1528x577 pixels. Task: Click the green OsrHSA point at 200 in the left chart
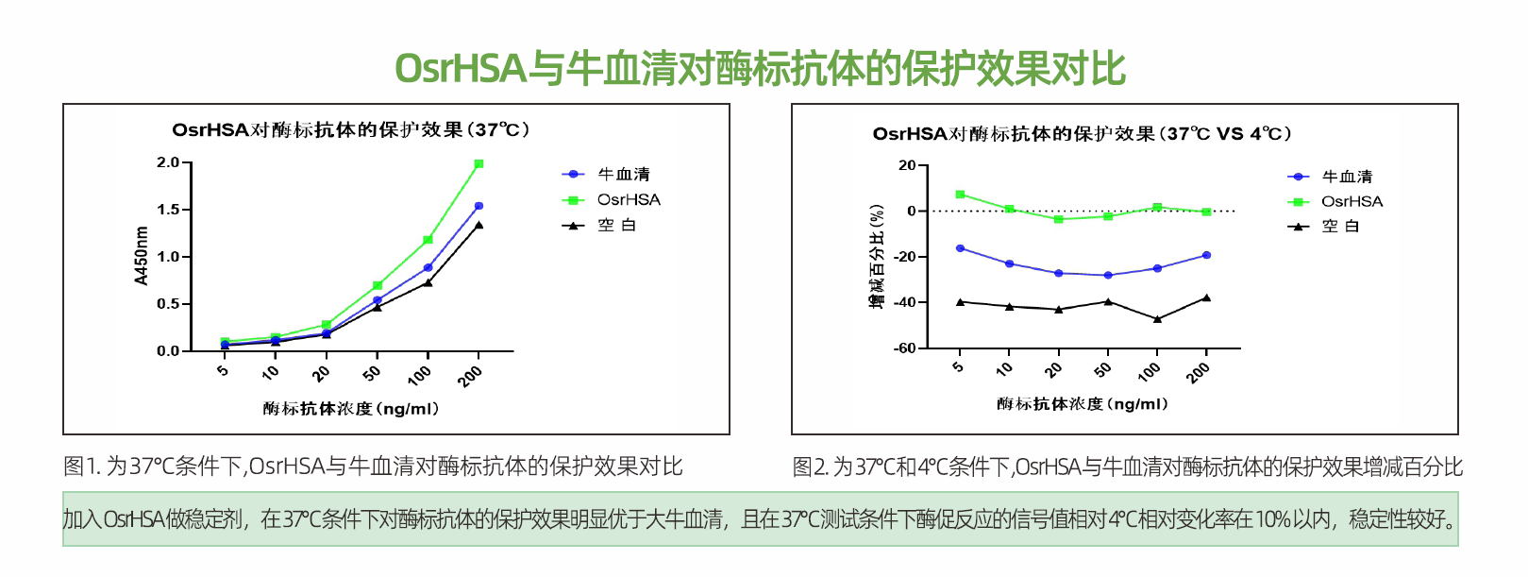tap(479, 164)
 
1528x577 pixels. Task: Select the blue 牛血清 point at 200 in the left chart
tap(479, 206)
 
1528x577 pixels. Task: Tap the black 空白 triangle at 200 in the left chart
tap(479, 225)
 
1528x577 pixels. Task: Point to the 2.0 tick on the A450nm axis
tap(168, 162)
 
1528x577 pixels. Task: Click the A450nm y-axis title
tap(142, 256)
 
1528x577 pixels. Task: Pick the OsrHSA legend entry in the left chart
tap(629, 199)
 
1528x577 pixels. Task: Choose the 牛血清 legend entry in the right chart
tap(1347, 177)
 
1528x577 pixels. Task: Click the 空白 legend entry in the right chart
tap(1340, 226)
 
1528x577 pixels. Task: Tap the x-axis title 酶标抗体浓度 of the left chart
tap(350, 409)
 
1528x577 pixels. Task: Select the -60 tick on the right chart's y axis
tap(905, 348)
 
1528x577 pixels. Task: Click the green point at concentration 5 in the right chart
tap(960, 195)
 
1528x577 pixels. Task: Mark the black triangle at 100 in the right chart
tap(1157, 319)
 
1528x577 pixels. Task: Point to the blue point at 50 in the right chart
tap(1108, 276)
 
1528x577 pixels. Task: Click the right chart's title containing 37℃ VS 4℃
tap(1082, 134)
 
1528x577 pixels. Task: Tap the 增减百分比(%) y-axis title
tap(876, 256)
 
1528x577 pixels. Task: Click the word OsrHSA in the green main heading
tap(460, 68)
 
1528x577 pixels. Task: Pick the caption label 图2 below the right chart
tap(809, 467)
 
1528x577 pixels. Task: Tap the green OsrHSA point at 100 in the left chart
tap(428, 240)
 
